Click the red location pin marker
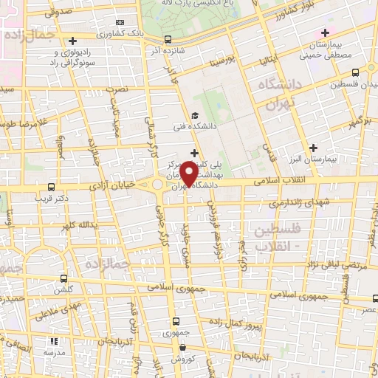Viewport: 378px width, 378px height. pyautogui.click(x=189, y=174)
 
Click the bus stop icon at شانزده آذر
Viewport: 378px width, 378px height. pyautogui.click(x=169, y=40)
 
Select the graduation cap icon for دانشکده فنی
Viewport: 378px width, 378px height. pyautogui.click(x=194, y=115)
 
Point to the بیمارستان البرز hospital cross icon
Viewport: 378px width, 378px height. pyautogui.click(x=315, y=147)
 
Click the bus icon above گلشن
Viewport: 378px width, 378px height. pyautogui.click(x=64, y=279)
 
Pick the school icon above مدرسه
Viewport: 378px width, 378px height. pyautogui.click(x=53, y=341)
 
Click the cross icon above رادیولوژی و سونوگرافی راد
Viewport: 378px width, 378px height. pyautogui.click(x=72, y=41)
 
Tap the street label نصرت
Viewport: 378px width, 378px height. pyautogui.click(x=119, y=88)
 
